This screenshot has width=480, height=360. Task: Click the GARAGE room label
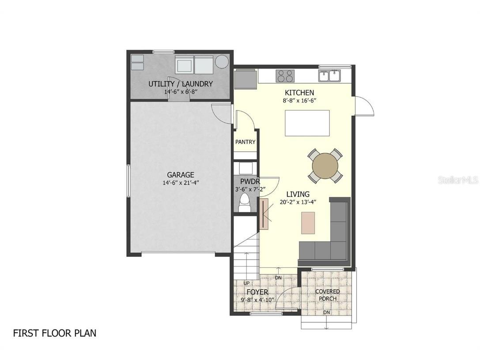coord(180,175)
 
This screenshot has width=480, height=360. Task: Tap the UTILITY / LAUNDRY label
coord(181,84)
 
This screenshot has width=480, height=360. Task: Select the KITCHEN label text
coord(299,93)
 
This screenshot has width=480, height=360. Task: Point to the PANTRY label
coord(245,142)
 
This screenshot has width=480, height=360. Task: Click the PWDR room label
coord(250,182)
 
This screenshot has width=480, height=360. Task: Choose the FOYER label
coord(257,292)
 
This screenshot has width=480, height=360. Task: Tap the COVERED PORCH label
coord(328,295)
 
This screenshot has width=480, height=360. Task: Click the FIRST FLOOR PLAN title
coord(54,333)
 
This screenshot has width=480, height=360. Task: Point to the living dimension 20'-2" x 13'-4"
coord(298,202)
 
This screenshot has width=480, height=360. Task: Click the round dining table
coord(325,166)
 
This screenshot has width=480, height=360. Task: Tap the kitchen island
coord(307,123)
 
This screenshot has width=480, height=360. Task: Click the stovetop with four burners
coord(285,76)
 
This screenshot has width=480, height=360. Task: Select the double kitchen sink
coord(329,76)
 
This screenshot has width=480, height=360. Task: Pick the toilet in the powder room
coord(244,205)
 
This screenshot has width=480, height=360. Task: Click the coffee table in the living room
coord(308,223)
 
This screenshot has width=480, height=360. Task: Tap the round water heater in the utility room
coord(222,62)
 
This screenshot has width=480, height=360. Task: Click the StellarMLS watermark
coord(457,180)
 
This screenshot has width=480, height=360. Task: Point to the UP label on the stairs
coord(246,283)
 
